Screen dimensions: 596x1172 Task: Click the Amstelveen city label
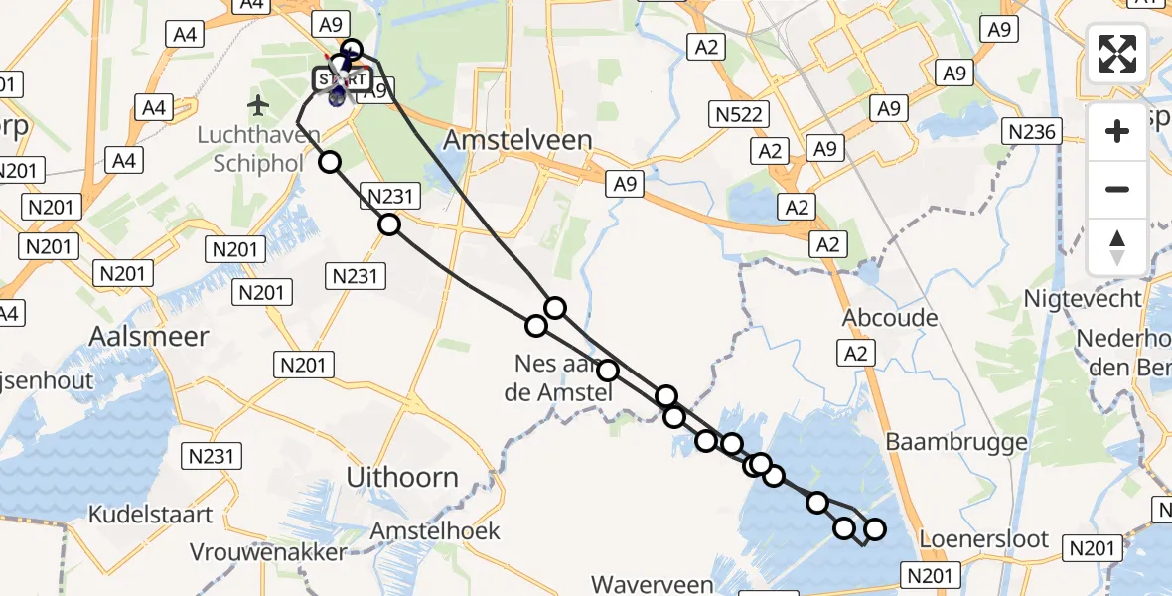(x=517, y=140)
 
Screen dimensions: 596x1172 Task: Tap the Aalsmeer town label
(x=149, y=336)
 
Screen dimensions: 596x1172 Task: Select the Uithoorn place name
(x=402, y=477)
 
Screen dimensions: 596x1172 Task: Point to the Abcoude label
(x=890, y=317)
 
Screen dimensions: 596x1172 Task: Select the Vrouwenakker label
(x=268, y=552)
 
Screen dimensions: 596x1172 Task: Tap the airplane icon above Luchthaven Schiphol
(x=259, y=104)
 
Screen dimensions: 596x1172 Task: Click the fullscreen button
(x=1117, y=54)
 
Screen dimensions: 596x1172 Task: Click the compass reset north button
(x=1117, y=247)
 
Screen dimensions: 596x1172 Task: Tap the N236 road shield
(x=1033, y=131)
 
